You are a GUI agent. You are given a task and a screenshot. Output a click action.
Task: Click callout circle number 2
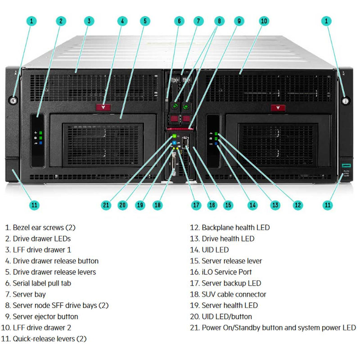pos(61,21)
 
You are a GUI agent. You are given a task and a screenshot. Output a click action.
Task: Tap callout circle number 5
pos(145,21)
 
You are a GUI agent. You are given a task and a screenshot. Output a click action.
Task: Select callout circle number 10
pos(264,21)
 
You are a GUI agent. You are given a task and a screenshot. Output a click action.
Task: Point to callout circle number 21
pos(106,205)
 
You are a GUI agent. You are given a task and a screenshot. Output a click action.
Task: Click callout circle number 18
pos(157,205)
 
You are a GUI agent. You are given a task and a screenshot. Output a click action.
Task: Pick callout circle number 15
pos(228,205)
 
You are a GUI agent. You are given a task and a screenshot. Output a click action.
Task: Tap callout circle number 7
pos(198,21)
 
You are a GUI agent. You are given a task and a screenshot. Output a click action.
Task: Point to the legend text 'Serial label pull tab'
pos(41,283)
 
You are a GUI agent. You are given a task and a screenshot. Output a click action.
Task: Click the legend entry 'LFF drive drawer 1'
pos(41,250)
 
